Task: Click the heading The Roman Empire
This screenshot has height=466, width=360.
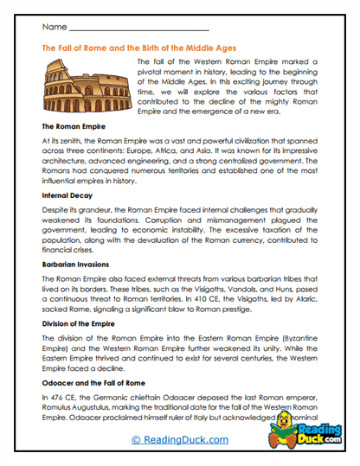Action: [75, 125]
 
